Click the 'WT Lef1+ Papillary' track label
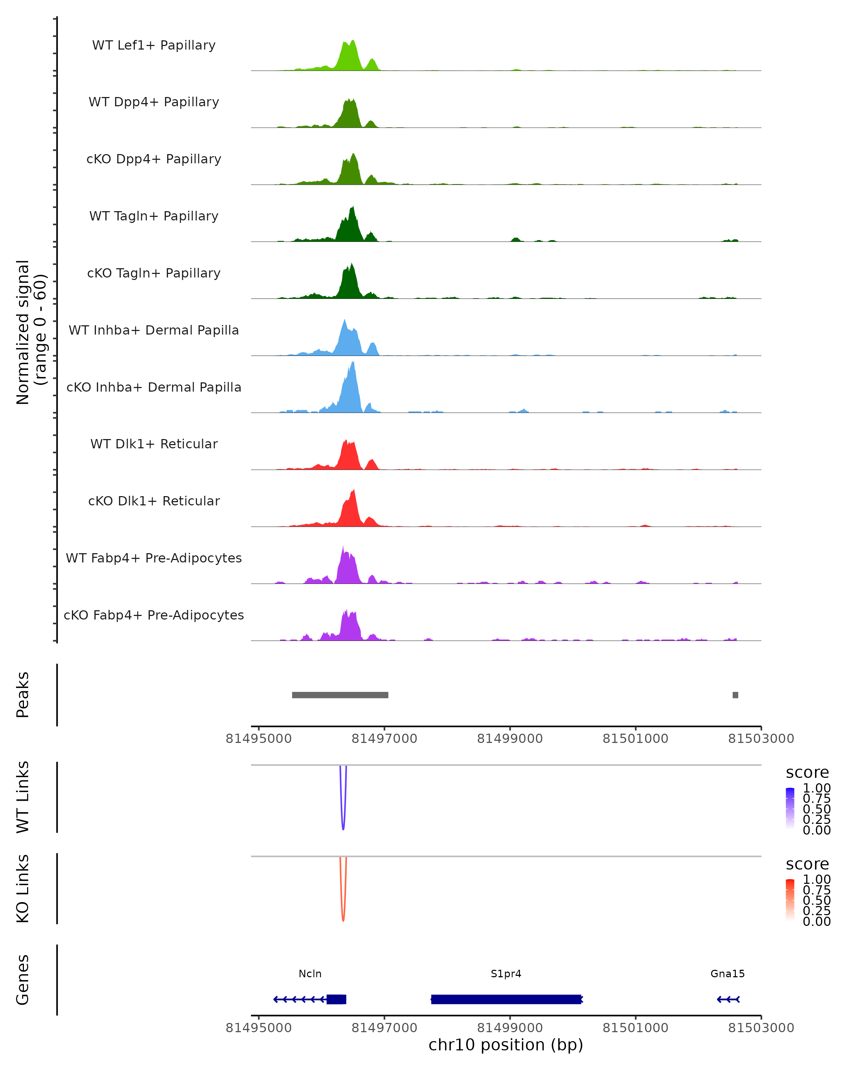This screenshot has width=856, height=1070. (x=154, y=45)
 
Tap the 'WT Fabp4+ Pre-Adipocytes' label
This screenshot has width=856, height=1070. (x=154, y=558)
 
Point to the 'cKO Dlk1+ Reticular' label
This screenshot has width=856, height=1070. (x=154, y=501)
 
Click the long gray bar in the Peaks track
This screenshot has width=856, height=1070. (x=340, y=695)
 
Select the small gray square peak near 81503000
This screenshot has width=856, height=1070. (x=735, y=695)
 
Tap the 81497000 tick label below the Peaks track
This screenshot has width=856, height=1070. (x=384, y=739)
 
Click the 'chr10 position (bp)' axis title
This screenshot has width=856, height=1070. (x=506, y=1045)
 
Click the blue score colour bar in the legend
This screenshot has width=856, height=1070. (x=790, y=808)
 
